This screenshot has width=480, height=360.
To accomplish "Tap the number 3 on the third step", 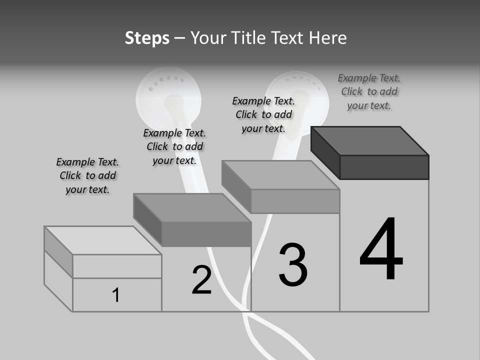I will point(293,265).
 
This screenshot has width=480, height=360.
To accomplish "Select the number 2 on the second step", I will point(202,280).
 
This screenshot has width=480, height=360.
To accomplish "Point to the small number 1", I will point(115,295).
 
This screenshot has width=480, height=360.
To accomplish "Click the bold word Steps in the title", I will point(147,38).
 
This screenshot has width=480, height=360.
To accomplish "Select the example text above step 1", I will point(87,175).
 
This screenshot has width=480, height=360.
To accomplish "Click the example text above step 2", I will point(174,146).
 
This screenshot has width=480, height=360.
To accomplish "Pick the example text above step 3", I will point(263,114).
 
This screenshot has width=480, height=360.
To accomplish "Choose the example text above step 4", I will point(369,91).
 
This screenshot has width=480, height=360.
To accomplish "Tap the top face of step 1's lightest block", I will point(103,240).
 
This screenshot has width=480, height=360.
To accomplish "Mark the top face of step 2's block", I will point(192,207).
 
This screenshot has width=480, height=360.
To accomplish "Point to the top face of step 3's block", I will point(280,175).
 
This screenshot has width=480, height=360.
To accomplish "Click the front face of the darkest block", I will point(384,167).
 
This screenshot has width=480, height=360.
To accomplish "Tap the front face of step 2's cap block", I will point(206,234).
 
